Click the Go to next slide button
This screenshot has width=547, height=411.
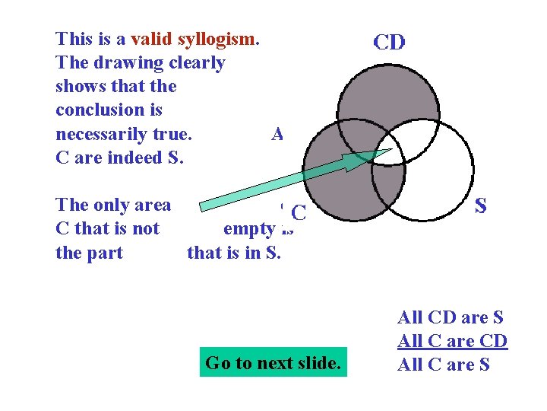click(x=273, y=363)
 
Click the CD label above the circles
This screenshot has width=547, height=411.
click(x=389, y=43)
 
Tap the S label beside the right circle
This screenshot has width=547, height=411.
click(x=480, y=205)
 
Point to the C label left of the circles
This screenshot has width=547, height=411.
click(x=299, y=214)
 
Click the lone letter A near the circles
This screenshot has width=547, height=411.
click(x=277, y=135)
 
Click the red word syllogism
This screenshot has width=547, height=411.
click(x=217, y=39)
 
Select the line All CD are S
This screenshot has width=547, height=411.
click(x=451, y=317)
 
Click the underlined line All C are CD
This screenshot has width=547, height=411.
click(x=452, y=341)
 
